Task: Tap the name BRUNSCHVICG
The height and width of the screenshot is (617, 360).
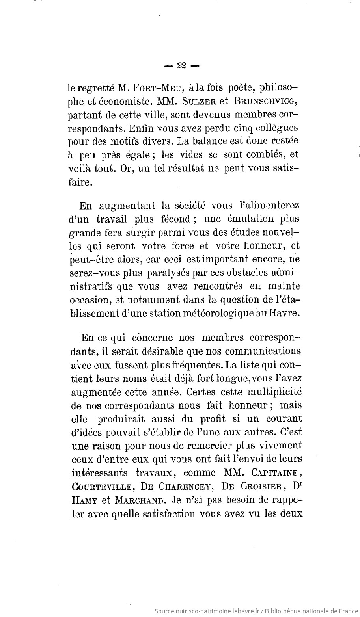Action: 264,100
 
